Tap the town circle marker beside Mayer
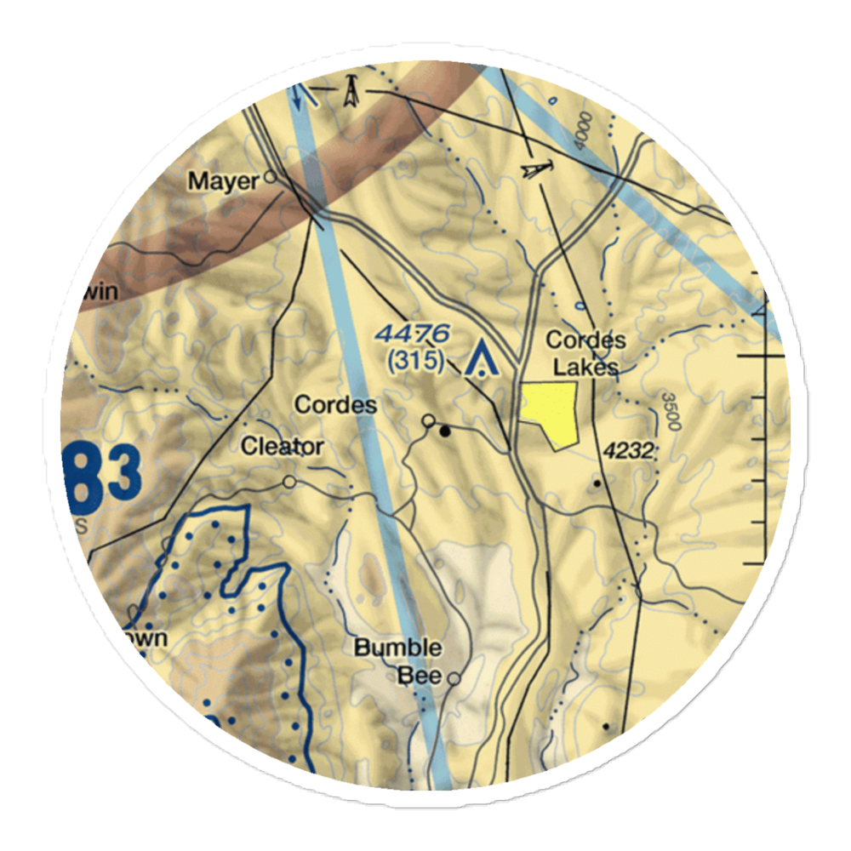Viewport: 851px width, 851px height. coord(270,178)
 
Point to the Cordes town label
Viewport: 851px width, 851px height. coord(335,404)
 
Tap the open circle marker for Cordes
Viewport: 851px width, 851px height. coord(430,420)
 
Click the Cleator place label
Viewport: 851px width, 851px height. coord(282,446)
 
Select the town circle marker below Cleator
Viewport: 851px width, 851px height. coord(290,483)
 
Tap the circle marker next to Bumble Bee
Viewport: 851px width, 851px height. coord(454,679)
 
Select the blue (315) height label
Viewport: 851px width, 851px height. coord(415,362)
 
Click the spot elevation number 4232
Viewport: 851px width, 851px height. coord(628,453)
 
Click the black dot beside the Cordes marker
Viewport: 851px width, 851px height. coord(445,431)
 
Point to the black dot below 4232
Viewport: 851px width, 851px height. coord(597,483)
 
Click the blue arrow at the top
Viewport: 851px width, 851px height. coord(296,95)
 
